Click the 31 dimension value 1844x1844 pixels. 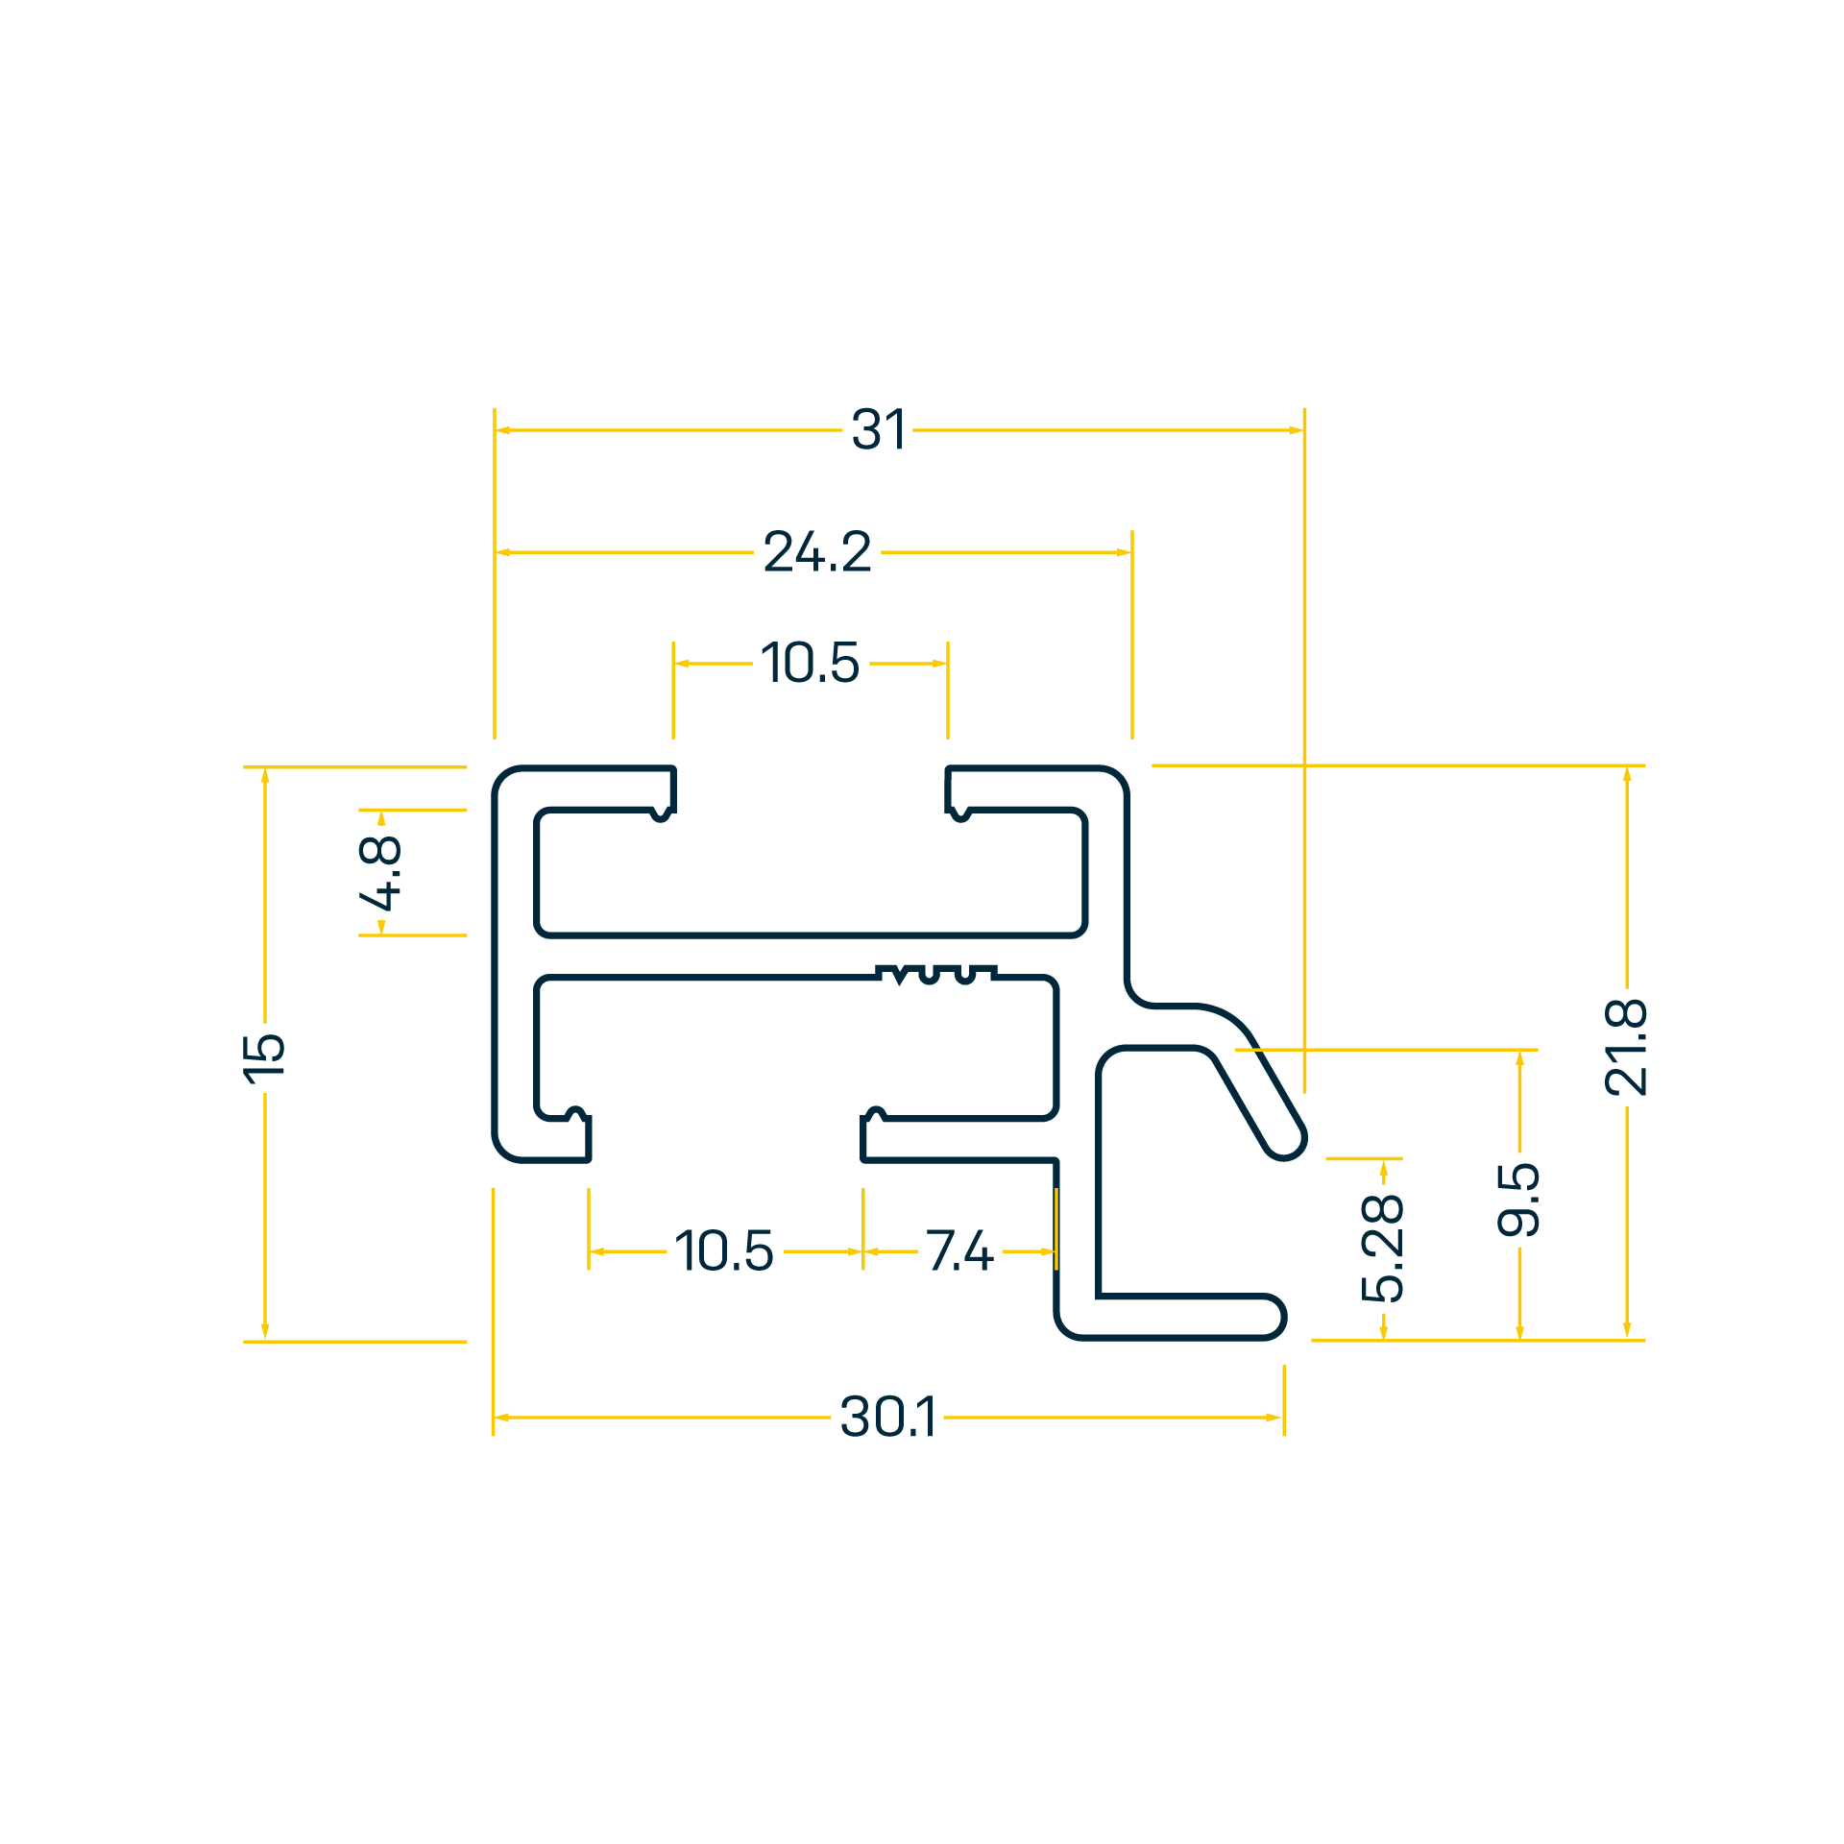[878, 429]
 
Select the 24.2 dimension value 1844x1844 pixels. [817, 552]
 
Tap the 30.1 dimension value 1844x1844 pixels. [887, 1417]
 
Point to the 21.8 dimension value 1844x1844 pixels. [1626, 1047]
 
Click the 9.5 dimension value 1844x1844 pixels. [1518, 1199]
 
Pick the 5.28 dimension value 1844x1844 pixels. [1383, 1248]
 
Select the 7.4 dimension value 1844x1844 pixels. [959, 1250]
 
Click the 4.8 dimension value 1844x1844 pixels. [380, 872]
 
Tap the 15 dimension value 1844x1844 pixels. [264, 1059]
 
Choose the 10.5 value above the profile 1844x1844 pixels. [811, 663]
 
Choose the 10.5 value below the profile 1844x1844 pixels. [724, 1250]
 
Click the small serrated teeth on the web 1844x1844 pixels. [936, 975]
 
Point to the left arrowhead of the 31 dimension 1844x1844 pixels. [502, 430]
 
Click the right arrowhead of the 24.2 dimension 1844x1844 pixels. [1124, 552]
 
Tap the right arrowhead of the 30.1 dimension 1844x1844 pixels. [1274, 1418]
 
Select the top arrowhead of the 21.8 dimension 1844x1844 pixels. [1627, 775]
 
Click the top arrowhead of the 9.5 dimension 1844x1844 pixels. [1519, 1059]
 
